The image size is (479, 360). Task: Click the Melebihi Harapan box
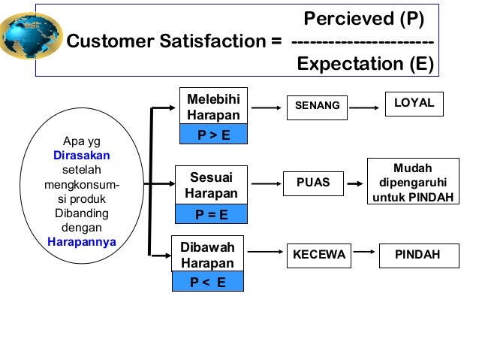coord(214,107)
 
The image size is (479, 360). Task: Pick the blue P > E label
coord(213,135)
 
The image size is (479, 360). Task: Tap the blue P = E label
coord(211,215)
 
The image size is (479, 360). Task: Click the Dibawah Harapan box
coord(208,256)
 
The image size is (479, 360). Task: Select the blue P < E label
coord(208,283)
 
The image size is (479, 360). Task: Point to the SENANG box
coord(317,106)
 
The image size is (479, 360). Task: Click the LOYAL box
coord(414,104)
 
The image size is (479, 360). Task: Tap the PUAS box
coord(314,183)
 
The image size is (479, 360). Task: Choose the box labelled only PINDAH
coord(417,256)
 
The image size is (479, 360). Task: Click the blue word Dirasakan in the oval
coord(82,156)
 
